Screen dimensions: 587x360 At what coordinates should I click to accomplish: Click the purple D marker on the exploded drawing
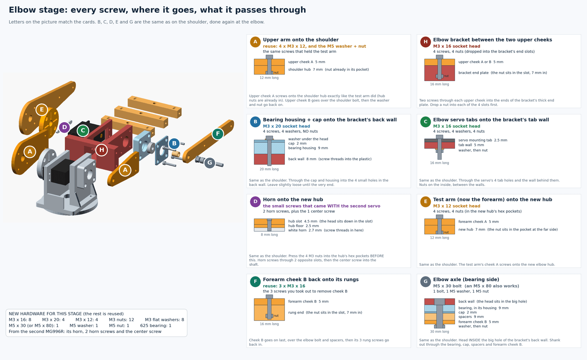pyautogui.click(x=64, y=128)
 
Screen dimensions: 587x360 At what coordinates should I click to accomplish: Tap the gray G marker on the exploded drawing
pyautogui.click(x=209, y=163)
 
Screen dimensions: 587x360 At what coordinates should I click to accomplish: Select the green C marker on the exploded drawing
pyautogui.click(x=83, y=131)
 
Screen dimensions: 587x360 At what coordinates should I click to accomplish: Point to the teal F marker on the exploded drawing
pyautogui.click(x=218, y=134)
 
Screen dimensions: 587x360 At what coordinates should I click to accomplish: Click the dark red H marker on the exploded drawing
pyautogui.click(x=101, y=150)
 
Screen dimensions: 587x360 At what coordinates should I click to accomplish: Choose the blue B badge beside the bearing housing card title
pyautogui.click(x=255, y=122)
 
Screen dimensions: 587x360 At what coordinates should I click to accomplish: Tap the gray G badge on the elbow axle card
pyautogui.click(x=425, y=282)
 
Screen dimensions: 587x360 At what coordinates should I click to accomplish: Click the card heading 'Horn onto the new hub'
pyautogui.click(x=293, y=199)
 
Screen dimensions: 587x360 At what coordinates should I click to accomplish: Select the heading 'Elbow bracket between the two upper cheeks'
pyautogui.click(x=492, y=40)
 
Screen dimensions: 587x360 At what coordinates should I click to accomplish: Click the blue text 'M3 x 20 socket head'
pyautogui.click(x=286, y=126)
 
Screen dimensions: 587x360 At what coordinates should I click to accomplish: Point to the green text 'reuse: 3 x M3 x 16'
pyautogui.click(x=284, y=286)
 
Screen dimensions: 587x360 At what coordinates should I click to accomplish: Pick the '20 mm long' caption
pyautogui.click(x=269, y=169)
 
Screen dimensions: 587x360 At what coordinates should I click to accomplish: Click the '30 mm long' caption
pyautogui.click(x=440, y=331)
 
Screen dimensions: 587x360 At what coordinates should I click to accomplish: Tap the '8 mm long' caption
pyautogui.click(x=269, y=235)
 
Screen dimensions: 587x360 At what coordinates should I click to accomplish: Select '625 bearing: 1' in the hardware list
pyautogui.click(x=156, y=326)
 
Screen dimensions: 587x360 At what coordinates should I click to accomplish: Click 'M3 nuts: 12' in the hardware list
pyautogui.click(x=121, y=320)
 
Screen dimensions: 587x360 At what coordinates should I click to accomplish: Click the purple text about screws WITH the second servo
pyautogui.click(x=321, y=206)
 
